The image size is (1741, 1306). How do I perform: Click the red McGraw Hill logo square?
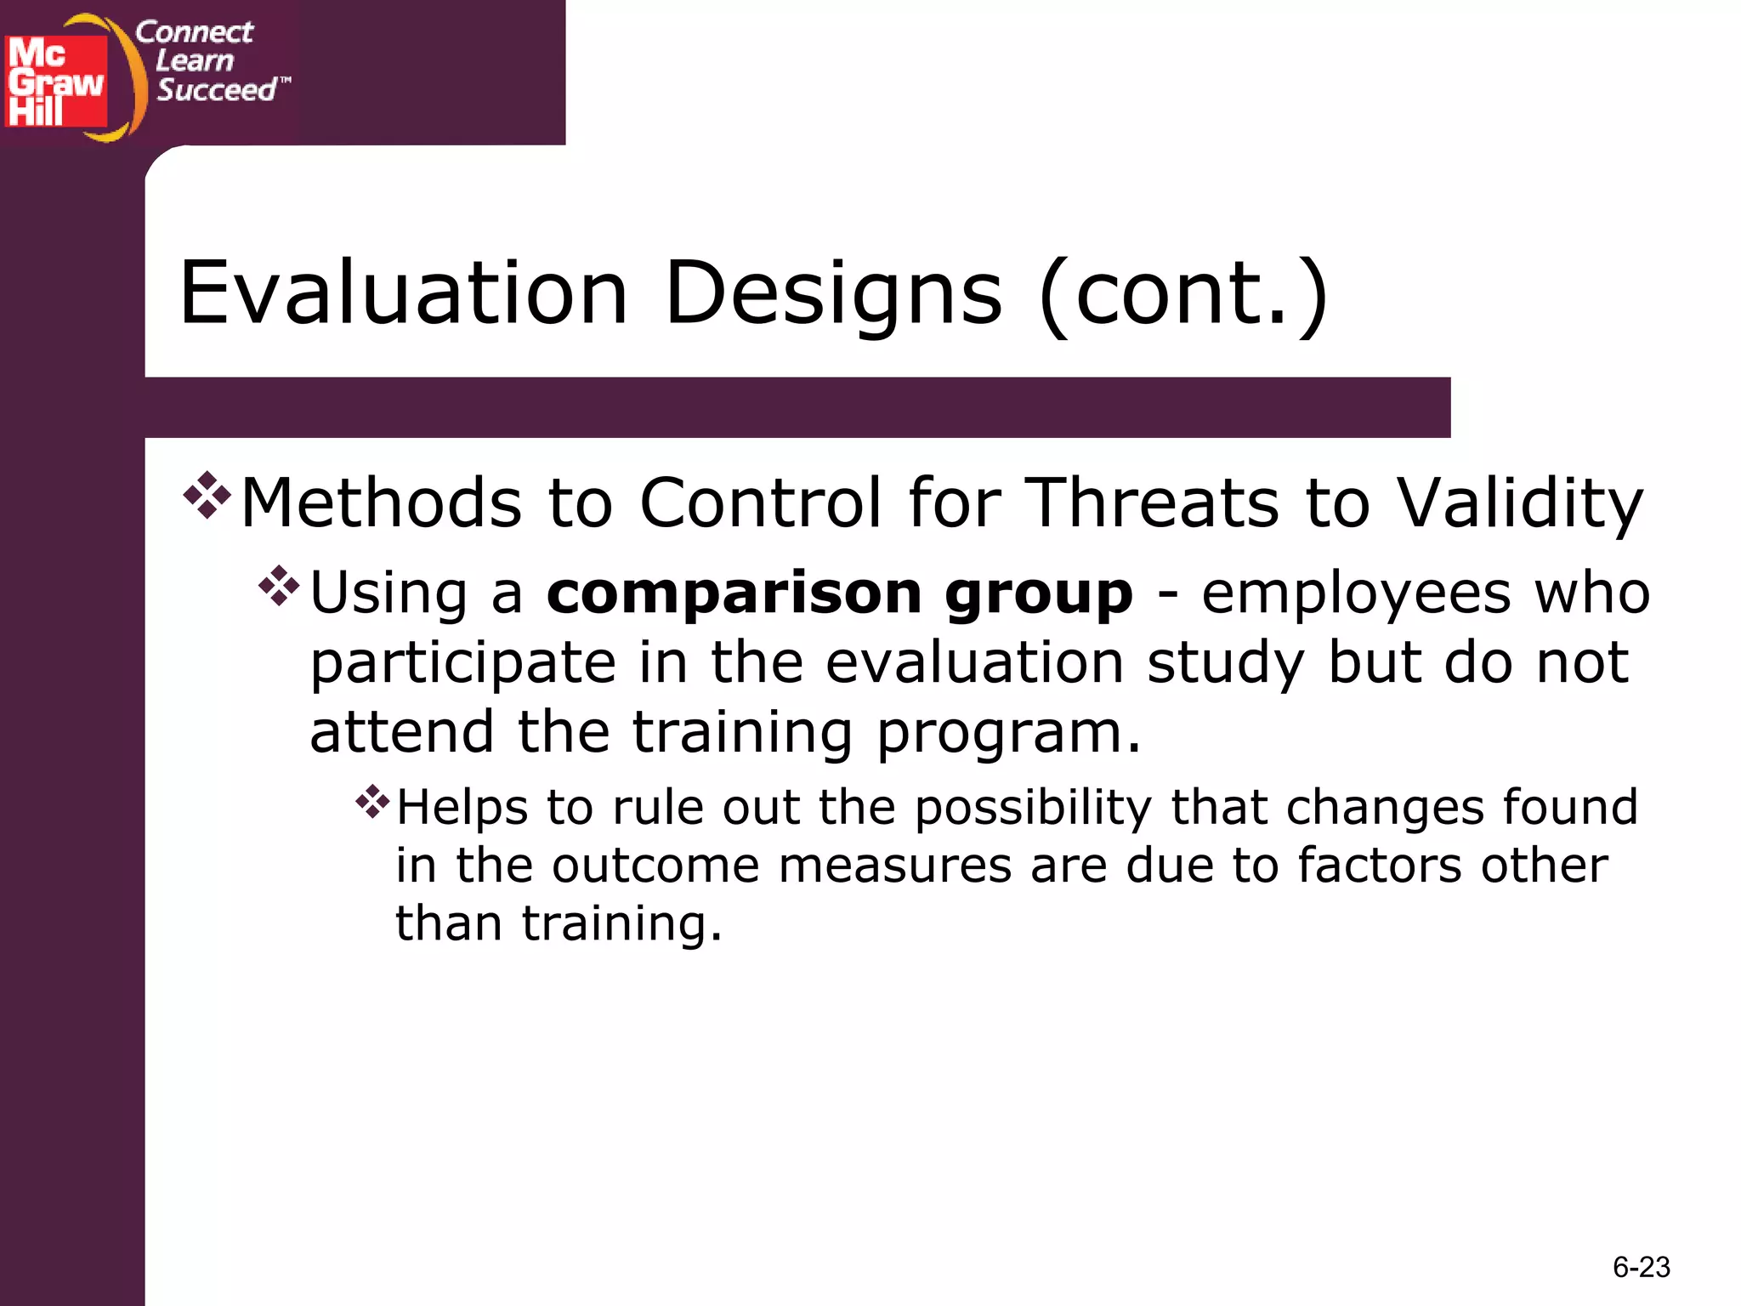56,82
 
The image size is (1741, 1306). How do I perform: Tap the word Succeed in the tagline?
217,90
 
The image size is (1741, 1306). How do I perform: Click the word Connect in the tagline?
194,32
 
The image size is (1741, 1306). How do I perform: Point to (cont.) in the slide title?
1183,294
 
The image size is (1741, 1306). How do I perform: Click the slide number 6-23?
1641,1267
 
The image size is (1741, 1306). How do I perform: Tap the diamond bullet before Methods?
207,496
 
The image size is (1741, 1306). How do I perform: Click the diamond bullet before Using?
279,587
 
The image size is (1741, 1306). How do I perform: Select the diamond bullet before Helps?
372,801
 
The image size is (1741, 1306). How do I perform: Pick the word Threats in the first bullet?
1154,503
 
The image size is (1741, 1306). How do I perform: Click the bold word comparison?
734,593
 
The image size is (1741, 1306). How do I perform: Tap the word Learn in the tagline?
195,61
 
